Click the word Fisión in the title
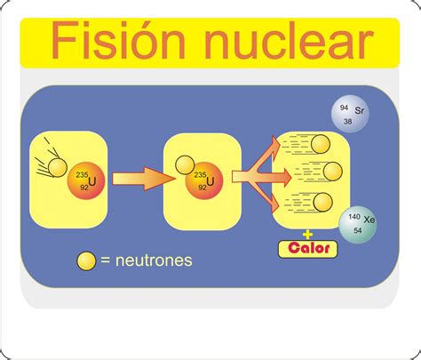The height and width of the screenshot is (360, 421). coord(118,40)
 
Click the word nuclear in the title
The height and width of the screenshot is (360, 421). coord(289,40)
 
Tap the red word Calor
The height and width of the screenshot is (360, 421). coord(308,248)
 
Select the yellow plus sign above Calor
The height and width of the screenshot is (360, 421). coord(307,235)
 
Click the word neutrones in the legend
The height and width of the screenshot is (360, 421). coord(154,260)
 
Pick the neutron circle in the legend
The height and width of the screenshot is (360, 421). coord(86,261)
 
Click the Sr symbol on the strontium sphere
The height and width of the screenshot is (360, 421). coord(360,110)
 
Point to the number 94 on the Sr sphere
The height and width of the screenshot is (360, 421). coord(344,108)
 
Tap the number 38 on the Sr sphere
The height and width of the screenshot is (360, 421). coord(348,121)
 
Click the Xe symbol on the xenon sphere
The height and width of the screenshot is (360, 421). coord(369,220)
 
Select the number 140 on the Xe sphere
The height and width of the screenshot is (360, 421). coord(354,217)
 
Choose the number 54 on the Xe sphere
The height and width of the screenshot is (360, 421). coord(358,230)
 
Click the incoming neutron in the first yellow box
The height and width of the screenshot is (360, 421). coord(58,167)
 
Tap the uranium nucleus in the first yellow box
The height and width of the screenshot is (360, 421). coord(86,180)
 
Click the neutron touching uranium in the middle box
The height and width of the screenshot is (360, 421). coord(185,165)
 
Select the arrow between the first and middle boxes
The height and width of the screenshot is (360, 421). coord(143,179)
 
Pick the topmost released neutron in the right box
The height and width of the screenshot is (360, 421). coord(321,144)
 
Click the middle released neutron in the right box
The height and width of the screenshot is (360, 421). coord(333,172)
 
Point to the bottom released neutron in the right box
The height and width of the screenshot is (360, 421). coord(322,202)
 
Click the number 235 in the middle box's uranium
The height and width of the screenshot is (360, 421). coord(200,175)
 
